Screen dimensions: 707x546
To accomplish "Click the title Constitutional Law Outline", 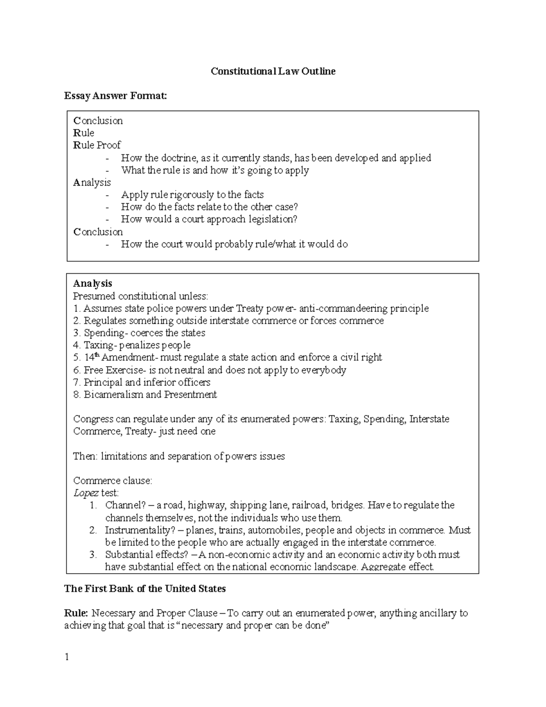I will point(273,71).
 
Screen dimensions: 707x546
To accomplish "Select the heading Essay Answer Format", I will point(116,96).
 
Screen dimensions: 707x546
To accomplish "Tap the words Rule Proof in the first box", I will point(97,145).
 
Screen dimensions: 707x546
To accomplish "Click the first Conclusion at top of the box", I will point(98,121).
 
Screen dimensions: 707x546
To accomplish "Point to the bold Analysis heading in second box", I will point(92,284).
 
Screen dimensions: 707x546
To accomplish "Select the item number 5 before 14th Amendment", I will point(76,358).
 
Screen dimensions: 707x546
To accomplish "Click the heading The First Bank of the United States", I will point(145,589).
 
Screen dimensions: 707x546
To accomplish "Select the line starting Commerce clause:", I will point(112,481).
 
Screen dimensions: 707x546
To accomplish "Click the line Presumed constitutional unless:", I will point(140,296).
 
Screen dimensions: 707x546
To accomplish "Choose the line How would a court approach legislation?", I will point(209,219).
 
